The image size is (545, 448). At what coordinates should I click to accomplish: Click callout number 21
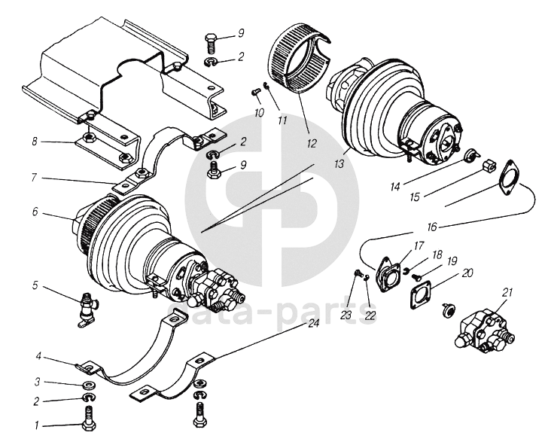coord(507,293)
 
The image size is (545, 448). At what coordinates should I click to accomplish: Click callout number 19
coord(452,261)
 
